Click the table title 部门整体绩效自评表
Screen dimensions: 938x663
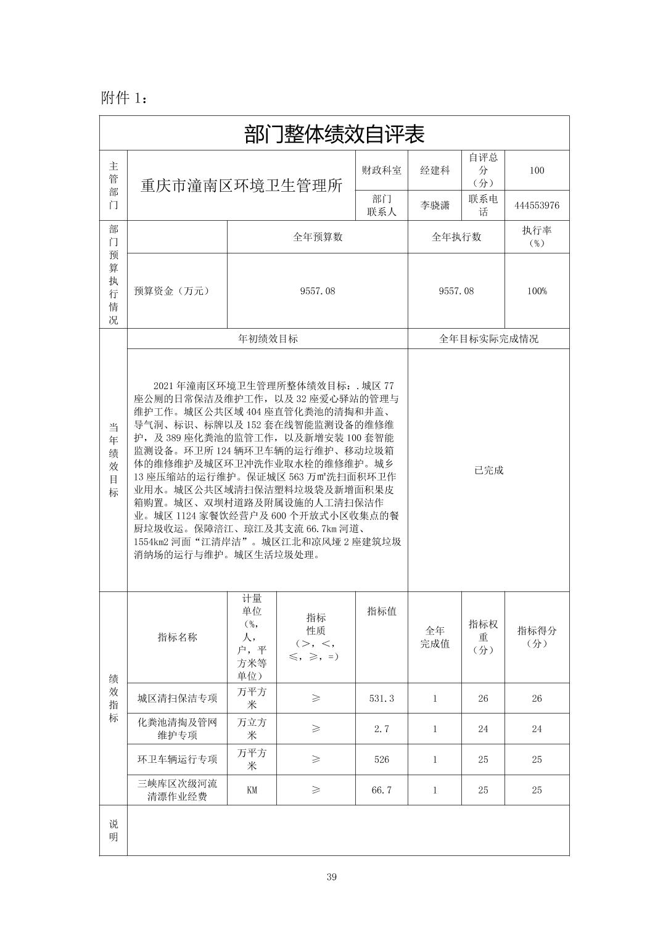(x=334, y=134)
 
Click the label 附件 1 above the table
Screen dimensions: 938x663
(x=124, y=97)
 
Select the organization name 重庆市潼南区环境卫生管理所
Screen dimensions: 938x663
(x=241, y=185)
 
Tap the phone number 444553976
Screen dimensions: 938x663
(x=537, y=205)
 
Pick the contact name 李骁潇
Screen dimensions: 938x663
(x=434, y=205)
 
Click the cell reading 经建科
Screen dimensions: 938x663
(x=434, y=170)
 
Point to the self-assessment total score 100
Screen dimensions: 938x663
(x=537, y=170)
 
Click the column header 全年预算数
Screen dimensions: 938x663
(x=317, y=237)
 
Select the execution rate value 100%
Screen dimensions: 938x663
(x=537, y=290)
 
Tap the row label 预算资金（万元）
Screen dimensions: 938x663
(x=172, y=290)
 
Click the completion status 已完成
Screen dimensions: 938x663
(x=488, y=470)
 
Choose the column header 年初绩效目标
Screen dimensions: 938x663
(x=268, y=339)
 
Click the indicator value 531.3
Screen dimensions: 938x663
(x=381, y=698)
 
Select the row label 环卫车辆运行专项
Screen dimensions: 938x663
(x=177, y=759)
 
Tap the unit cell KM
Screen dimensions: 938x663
(x=252, y=790)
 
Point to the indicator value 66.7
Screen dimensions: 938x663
(x=381, y=790)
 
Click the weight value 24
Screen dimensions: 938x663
(x=483, y=729)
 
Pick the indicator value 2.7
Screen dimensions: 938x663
(x=381, y=729)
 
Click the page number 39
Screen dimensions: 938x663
(x=332, y=877)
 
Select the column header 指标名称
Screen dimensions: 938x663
(x=177, y=637)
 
